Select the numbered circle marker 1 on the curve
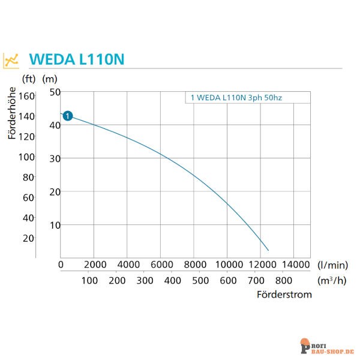click(x=68, y=116)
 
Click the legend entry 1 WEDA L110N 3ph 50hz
click(x=241, y=97)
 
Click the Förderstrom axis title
click(x=284, y=295)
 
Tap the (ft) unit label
click(x=29, y=79)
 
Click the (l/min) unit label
click(x=333, y=265)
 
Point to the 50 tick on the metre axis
click(x=55, y=92)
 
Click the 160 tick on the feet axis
click(x=27, y=95)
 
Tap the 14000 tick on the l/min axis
click(x=293, y=265)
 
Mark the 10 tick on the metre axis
click(x=55, y=225)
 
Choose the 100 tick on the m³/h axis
click(x=89, y=280)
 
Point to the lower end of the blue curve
click(x=268, y=250)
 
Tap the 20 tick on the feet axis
click(x=29, y=238)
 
